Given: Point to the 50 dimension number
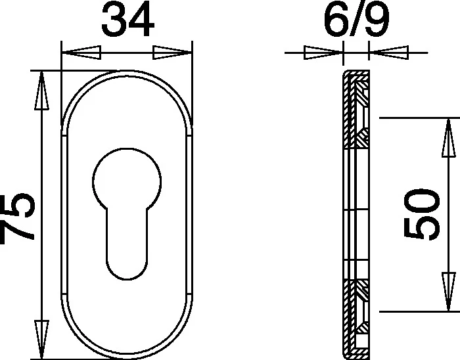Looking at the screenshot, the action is [x=422, y=214].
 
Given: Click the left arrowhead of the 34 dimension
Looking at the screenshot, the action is [x=81, y=53].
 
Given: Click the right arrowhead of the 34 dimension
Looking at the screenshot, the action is [x=172, y=53].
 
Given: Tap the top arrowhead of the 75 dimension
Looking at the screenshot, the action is [x=41, y=91].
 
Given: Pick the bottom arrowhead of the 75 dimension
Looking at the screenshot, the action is [x=41, y=340].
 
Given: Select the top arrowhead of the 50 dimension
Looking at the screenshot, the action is [x=449, y=137].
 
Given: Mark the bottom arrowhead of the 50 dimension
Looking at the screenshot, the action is [x=449, y=292].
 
